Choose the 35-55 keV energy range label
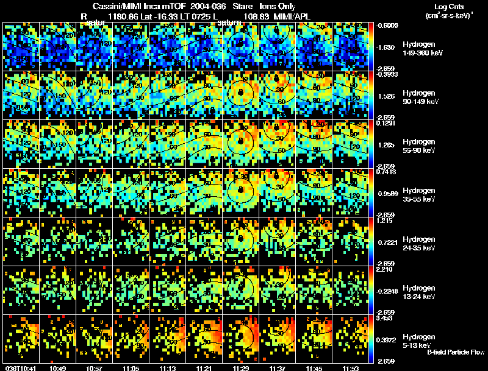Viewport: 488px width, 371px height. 418,199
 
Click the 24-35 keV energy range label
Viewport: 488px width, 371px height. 418,248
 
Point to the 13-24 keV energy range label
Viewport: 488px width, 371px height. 418,297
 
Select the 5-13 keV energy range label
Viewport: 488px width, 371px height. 417,345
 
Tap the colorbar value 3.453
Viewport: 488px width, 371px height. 384,318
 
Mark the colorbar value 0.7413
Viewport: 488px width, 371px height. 385,172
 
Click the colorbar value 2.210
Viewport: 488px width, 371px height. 384,269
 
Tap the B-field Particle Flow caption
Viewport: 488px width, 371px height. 455,352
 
